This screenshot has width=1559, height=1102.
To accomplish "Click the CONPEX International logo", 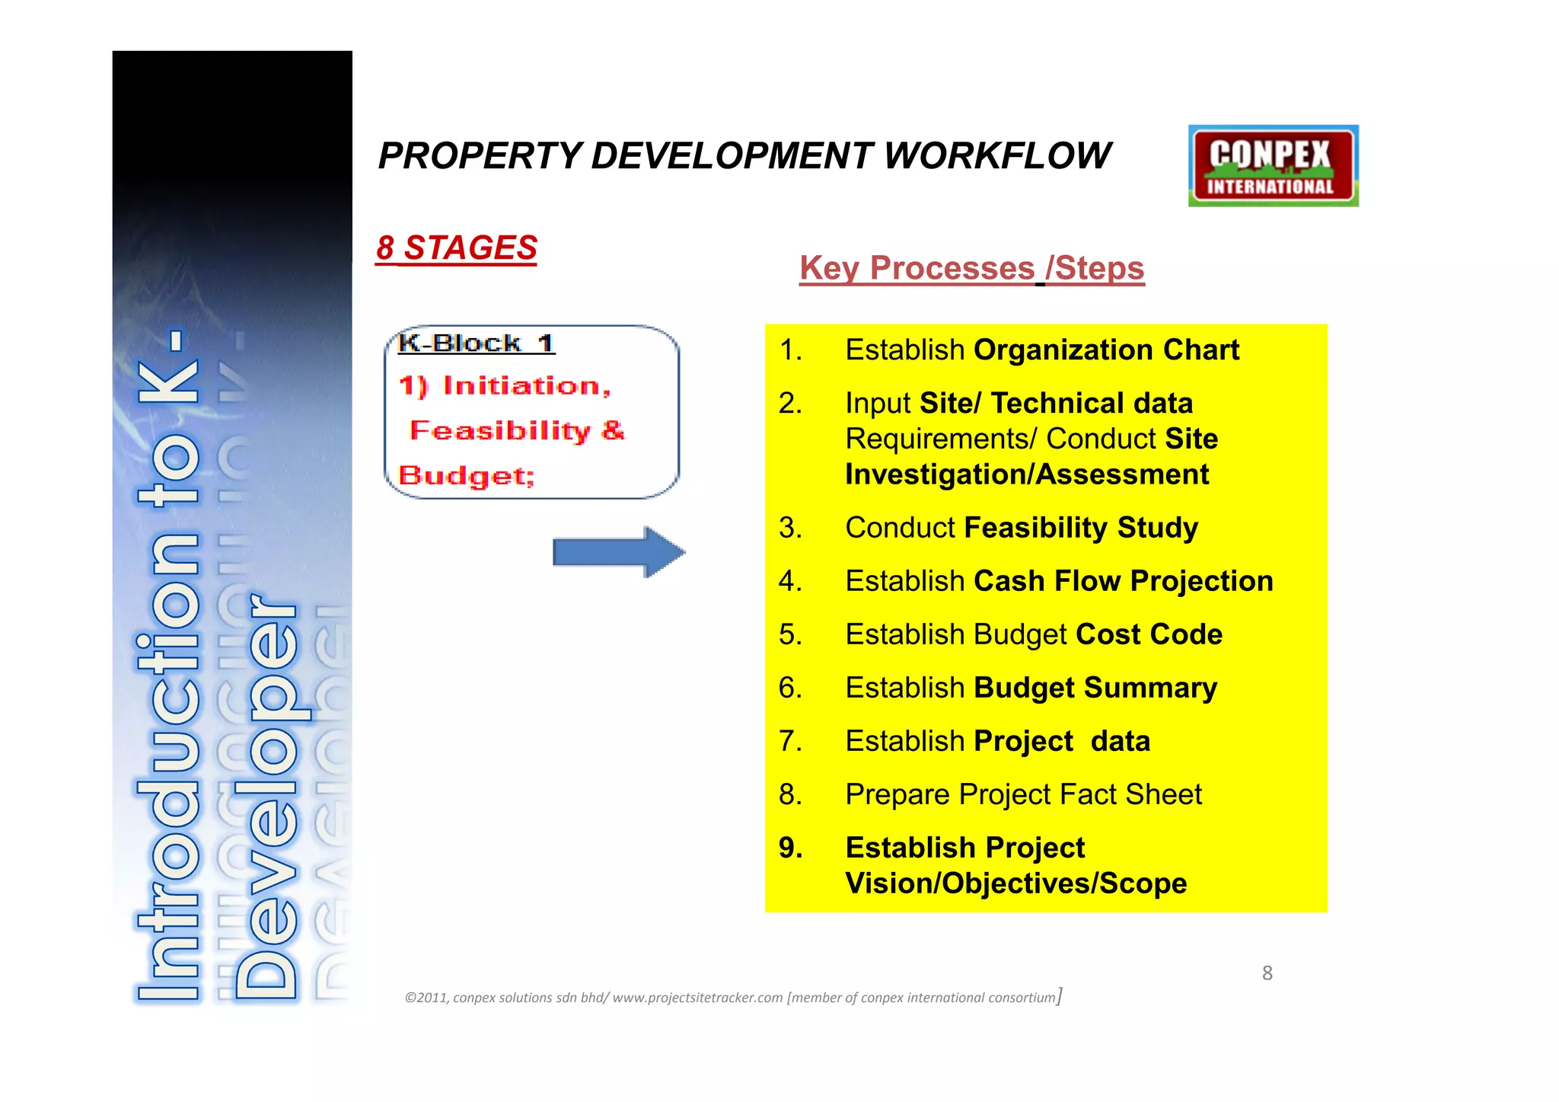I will [x=1273, y=166].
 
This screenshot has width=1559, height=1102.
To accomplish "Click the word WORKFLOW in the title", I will [x=996, y=156].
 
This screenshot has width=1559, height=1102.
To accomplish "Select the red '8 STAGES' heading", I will [x=457, y=248].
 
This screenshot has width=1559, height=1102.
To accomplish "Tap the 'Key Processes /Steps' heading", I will [x=971, y=268].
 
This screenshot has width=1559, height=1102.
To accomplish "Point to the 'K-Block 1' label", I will [x=476, y=343].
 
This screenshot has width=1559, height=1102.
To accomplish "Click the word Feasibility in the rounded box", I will [x=500, y=431].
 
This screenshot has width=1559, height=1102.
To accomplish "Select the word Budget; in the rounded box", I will [x=467, y=476].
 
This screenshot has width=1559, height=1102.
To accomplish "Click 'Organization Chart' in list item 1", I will [x=1106, y=350].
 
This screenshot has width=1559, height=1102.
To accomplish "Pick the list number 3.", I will [x=790, y=528].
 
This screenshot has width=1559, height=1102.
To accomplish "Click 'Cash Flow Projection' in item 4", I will [x=1123, y=581].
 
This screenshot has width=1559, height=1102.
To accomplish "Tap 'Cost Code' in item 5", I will [x=1149, y=634].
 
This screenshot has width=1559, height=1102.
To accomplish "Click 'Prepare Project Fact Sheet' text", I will [x=1023, y=794].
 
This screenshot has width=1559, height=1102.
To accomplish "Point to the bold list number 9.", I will [x=790, y=848].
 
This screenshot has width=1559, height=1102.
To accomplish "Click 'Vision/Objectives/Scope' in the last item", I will [x=1015, y=883].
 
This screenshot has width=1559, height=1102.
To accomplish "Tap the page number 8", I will [x=1267, y=973].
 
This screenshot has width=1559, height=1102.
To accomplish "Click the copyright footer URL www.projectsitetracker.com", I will [x=697, y=998].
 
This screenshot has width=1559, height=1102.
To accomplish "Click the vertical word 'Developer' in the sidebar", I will [x=266, y=796].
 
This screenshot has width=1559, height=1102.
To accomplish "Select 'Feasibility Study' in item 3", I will [x=1081, y=528].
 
